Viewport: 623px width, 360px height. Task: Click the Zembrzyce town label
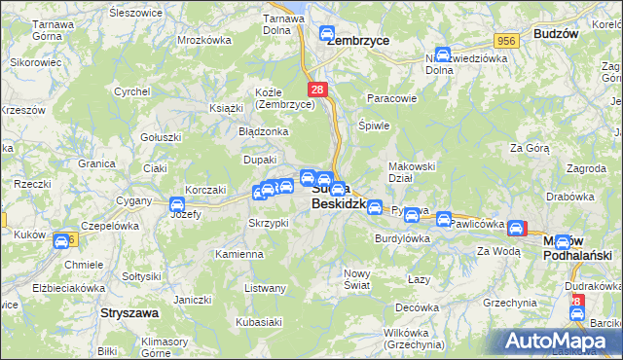357,41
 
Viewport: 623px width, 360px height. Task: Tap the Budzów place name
556,32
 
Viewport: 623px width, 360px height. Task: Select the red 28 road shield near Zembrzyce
322,89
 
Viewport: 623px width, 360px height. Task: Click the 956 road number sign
504,41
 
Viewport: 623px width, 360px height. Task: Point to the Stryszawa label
129,314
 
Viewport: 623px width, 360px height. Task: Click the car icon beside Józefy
177,203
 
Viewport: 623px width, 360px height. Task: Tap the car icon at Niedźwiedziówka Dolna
443,55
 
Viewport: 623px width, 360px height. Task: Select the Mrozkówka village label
204,41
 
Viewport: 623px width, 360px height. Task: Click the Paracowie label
391,98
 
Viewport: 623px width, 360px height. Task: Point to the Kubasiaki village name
258,322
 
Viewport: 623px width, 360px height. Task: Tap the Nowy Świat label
358,278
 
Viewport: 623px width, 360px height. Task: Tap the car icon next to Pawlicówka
444,220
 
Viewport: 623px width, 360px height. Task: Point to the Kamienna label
239,254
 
